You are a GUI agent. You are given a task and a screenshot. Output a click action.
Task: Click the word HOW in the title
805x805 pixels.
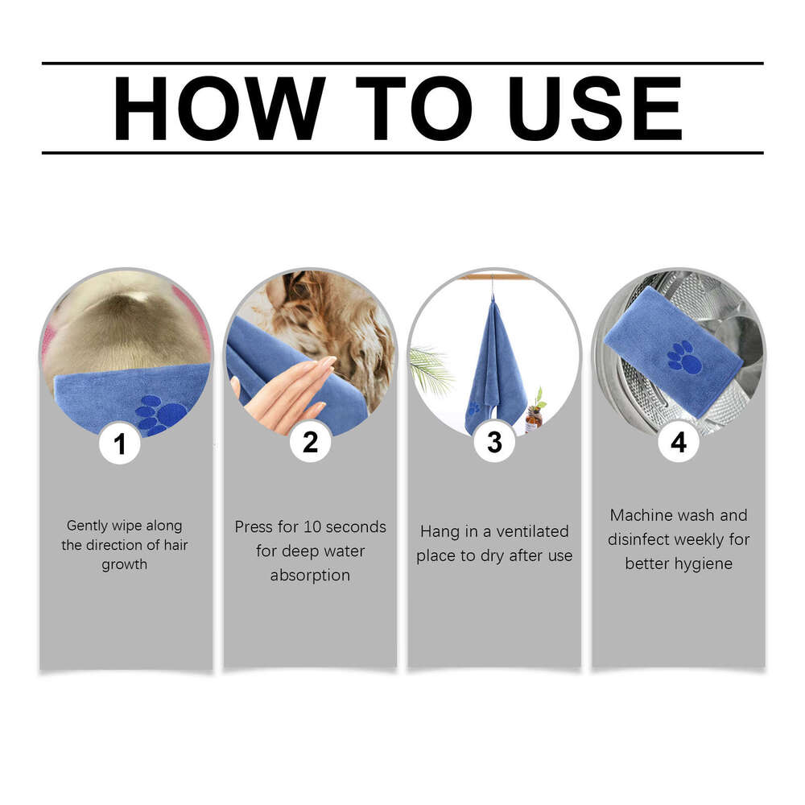[x=219, y=109]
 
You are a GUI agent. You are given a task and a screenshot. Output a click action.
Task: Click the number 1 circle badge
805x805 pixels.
[x=121, y=444]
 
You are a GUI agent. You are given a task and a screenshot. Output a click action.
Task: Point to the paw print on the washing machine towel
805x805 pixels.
[x=684, y=357]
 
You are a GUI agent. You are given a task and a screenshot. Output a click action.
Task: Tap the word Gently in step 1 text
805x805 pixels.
[x=87, y=526]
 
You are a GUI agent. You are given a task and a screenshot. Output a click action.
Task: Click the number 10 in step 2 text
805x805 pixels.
[x=312, y=527]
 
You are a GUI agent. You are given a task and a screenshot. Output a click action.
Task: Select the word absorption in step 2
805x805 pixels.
[x=310, y=576]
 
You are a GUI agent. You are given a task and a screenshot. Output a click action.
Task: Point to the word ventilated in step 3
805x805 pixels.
[x=533, y=531]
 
